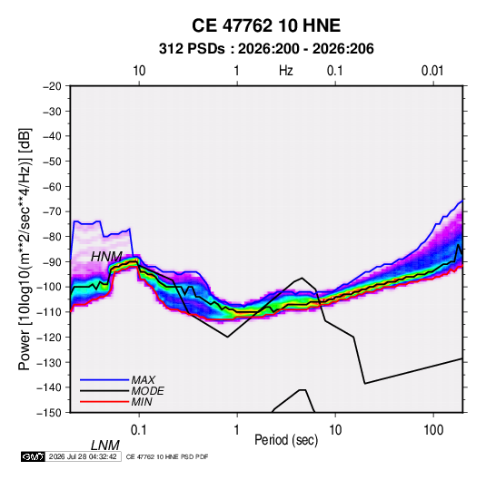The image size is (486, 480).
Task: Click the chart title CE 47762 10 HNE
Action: click(266, 25)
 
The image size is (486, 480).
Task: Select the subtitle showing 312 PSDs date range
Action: click(266, 49)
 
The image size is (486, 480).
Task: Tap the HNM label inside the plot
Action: click(106, 257)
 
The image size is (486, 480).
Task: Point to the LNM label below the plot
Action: click(105, 446)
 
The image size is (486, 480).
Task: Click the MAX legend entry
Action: click(143, 379)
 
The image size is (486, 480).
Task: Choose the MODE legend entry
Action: click(147, 391)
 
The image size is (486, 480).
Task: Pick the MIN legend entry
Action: click(142, 402)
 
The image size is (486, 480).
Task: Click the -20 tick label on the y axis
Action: click(52, 86)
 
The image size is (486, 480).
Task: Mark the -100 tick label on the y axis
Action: click(49, 287)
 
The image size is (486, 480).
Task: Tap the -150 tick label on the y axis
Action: click(49, 413)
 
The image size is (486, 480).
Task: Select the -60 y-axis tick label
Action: click(52, 186)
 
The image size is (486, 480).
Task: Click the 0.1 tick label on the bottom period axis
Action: click(139, 429)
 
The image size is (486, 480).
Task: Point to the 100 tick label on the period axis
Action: click(433, 429)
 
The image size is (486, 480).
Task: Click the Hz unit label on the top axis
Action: click(286, 71)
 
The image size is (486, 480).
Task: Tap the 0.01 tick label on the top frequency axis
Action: click(432, 71)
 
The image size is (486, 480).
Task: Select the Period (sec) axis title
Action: click(286, 440)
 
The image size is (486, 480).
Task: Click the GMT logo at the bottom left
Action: click(34, 456)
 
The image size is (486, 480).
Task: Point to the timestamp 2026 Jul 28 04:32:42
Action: click(83, 456)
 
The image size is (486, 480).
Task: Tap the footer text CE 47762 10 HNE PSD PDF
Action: click(167, 456)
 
